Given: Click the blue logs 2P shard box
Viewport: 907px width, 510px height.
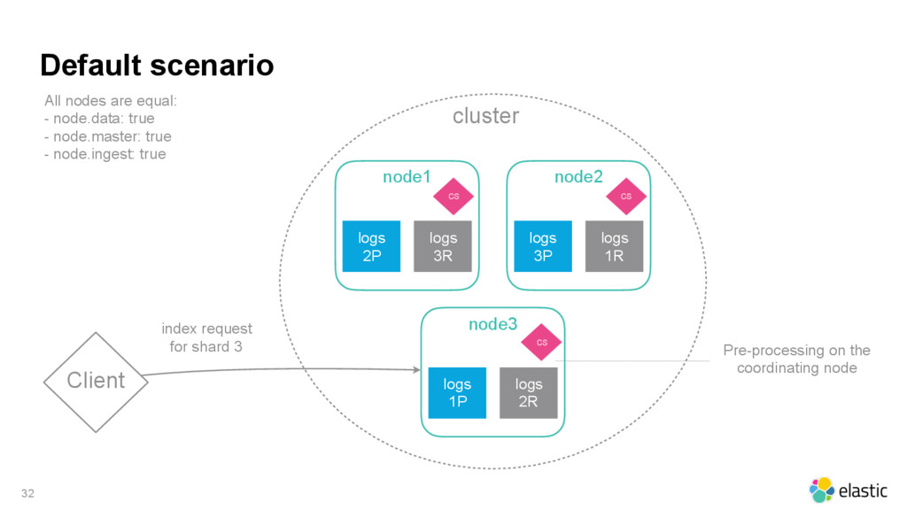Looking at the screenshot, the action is tap(371, 246).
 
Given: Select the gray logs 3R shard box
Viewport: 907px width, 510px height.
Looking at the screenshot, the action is tap(443, 246).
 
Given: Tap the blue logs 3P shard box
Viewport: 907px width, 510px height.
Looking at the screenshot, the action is tap(543, 246).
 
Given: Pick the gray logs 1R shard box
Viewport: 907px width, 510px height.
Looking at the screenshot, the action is tap(615, 246).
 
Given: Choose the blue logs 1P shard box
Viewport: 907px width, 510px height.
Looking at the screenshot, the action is tap(457, 392).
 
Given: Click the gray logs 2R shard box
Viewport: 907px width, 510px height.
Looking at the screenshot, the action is tap(529, 392).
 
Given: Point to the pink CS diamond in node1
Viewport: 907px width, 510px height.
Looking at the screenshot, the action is tap(453, 196).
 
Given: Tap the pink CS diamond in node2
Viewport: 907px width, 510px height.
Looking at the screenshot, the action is tap(626, 196).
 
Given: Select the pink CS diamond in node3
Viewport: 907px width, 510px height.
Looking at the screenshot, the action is tap(541, 342).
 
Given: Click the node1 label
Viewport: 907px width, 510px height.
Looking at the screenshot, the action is tap(407, 177).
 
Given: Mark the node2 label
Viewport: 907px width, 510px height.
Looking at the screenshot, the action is tap(578, 177).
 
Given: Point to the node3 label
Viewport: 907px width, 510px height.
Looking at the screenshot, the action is tap(492, 324).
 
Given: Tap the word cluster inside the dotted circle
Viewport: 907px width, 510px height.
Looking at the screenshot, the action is tap(486, 116).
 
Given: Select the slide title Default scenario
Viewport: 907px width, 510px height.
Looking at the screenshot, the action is tap(157, 65).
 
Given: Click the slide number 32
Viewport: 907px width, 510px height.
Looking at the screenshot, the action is tap(27, 493).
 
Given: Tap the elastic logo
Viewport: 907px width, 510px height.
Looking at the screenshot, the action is tap(848, 491).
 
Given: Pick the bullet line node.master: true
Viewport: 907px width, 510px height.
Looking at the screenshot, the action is tap(107, 136).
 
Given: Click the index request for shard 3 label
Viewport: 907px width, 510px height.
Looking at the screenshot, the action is tap(206, 337).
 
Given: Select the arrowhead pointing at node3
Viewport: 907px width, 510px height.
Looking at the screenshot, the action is tap(417, 369).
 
